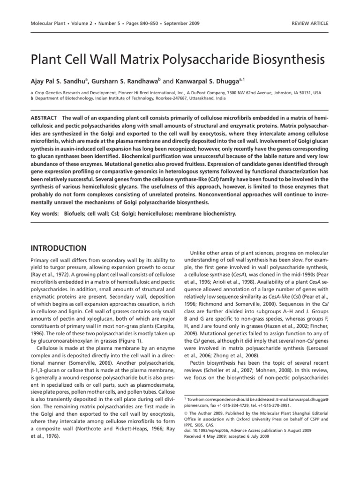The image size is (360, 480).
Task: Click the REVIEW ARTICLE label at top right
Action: click(310, 23)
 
